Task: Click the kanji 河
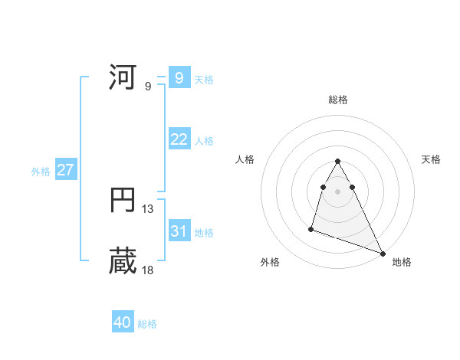point(123,78)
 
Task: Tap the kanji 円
point(123,201)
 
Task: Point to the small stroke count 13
point(148,208)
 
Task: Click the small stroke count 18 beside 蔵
point(148,270)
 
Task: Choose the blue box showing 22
point(179,139)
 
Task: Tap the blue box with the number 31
point(179,231)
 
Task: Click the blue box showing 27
point(65,170)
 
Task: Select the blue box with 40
point(123,323)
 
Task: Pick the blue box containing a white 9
point(179,78)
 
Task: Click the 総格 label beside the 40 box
point(147,324)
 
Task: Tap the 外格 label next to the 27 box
point(41,172)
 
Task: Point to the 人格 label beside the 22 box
point(204,141)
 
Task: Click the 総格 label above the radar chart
point(337,100)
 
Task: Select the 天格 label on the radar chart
point(431,159)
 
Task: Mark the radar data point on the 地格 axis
point(383,254)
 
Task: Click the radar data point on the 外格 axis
point(311,228)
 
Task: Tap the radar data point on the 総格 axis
point(337,161)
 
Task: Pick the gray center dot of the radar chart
point(337,190)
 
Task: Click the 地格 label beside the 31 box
point(204,233)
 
